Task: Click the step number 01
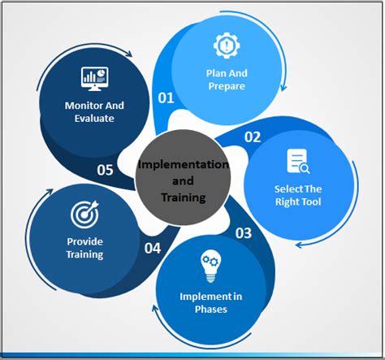(166, 98)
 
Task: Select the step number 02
(252, 137)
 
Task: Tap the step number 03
(243, 234)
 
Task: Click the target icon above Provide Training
(84, 214)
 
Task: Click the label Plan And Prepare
(226, 80)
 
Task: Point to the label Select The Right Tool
(298, 195)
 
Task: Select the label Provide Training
(85, 248)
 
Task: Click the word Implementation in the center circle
(184, 165)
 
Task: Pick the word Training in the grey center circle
(184, 197)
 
